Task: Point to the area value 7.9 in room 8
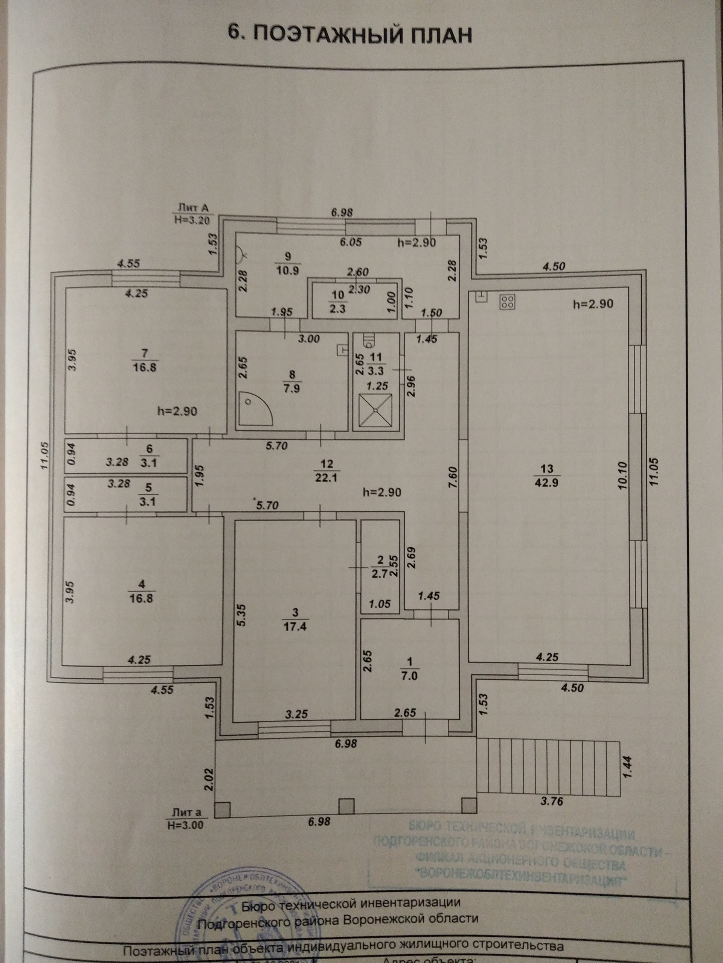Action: pos(291,388)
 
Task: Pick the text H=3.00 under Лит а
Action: pos(185,824)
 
